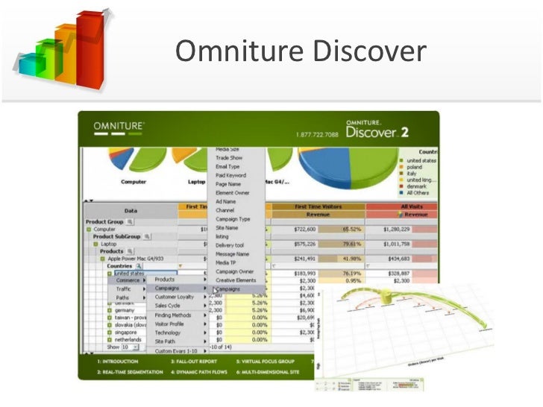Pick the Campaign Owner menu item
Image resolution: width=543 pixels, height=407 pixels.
coord(235,272)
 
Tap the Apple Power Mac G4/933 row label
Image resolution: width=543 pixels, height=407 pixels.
coord(138,259)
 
